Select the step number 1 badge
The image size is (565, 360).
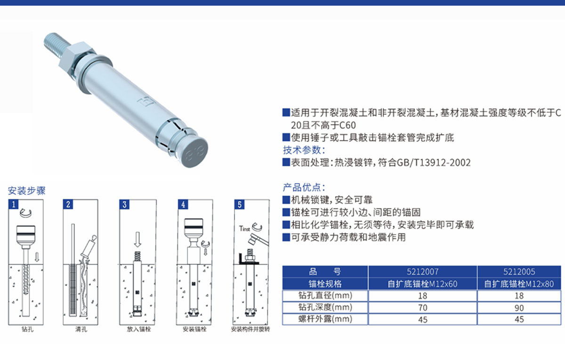point(13,204)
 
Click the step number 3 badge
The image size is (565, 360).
point(124,204)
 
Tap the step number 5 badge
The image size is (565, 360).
point(239,204)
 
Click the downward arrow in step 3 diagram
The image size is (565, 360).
point(137,239)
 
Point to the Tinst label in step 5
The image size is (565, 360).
point(244,229)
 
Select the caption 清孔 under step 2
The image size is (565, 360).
point(81,329)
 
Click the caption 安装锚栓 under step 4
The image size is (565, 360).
point(194,329)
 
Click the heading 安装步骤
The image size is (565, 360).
point(27,191)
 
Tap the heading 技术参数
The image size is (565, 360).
point(304,150)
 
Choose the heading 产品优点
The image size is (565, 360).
point(304,188)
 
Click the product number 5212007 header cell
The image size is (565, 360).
point(423,271)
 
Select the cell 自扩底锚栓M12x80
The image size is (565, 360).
point(519,284)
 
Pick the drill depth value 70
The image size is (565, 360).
point(423,308)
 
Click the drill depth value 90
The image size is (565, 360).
point(519,308)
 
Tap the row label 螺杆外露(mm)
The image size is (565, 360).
point(325,319)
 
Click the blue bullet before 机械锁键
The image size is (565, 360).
point(286,200)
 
